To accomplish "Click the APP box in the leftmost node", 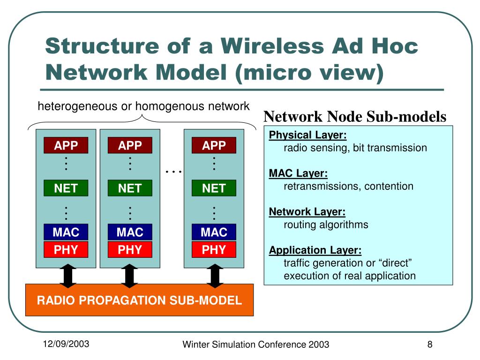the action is (66, 145).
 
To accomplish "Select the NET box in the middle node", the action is (130, 188).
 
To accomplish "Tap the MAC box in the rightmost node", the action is (214, 232).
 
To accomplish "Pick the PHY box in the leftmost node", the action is (66, 250).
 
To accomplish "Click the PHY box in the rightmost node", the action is (214, 250).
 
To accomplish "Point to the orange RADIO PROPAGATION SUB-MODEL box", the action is (139, 300).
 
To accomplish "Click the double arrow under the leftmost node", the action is (68, 276).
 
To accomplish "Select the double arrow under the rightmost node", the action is (215, 276).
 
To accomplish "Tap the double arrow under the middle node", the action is (130, 276).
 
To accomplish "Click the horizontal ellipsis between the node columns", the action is (174, 172).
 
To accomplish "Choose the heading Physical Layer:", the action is (308, 135).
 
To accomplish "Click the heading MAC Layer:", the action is (298, 174).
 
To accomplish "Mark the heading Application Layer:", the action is (315, 250).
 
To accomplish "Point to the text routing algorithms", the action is (326, 225).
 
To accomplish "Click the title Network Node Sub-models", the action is (355, 117).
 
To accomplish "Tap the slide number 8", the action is (429, 345).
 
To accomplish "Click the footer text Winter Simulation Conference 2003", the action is (255, 345).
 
